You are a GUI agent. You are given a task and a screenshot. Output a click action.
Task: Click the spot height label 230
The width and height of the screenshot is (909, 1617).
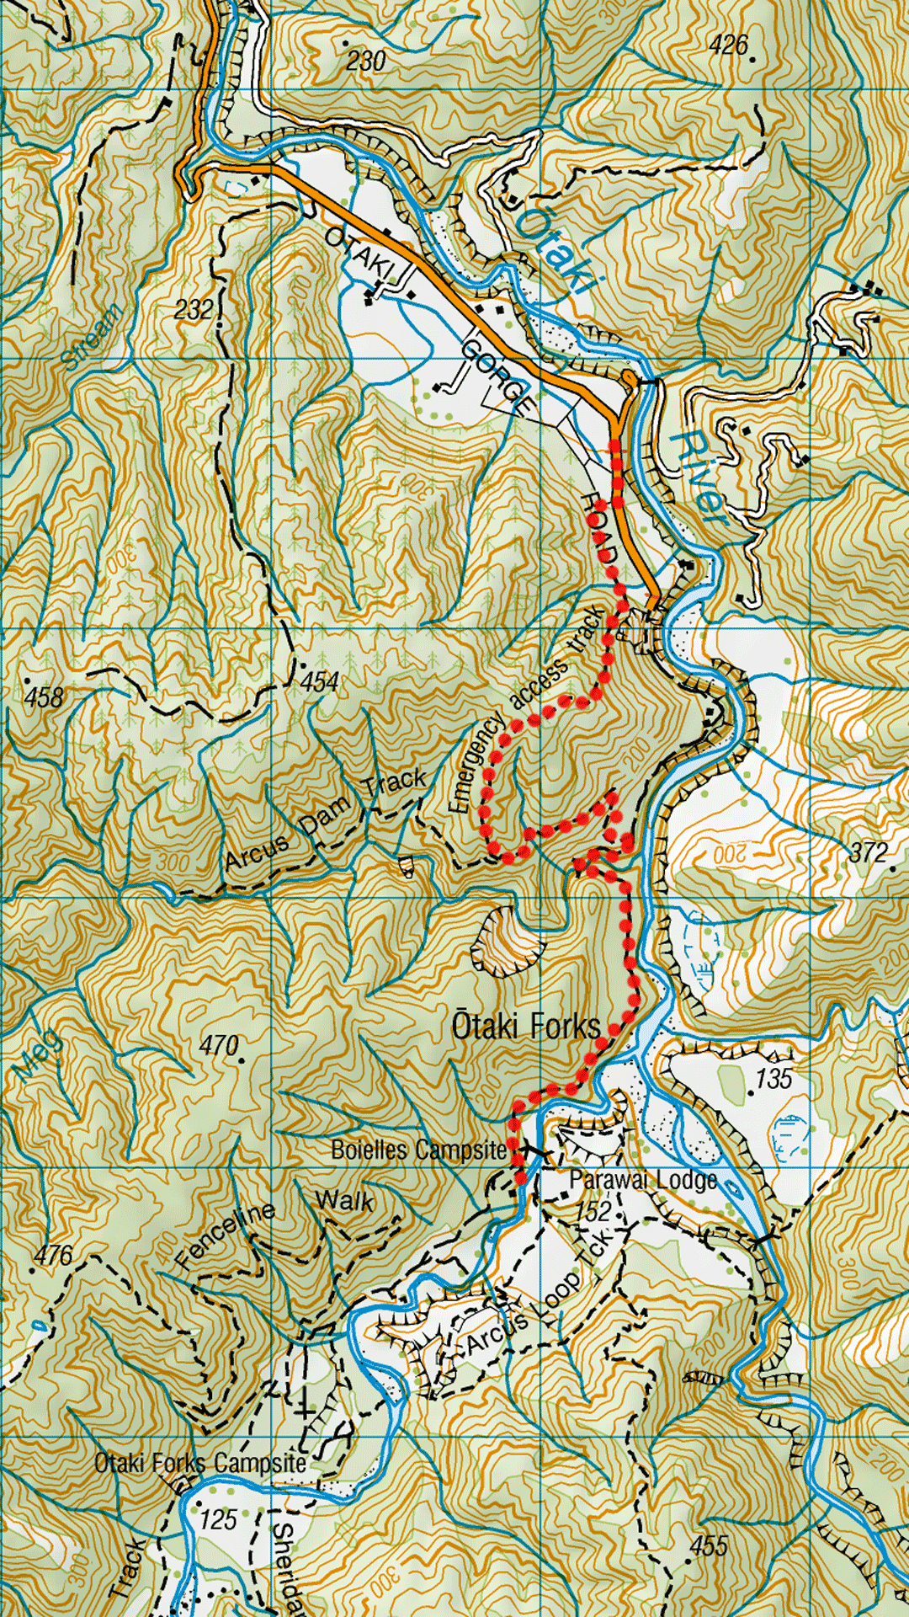[365, 61]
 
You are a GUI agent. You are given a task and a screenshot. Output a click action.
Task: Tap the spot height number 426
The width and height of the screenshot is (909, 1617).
[728, 45]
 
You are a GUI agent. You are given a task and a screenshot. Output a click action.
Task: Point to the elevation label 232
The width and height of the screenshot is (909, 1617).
[194, 309]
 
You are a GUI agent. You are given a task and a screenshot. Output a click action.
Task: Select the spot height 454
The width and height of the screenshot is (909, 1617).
[320, 681]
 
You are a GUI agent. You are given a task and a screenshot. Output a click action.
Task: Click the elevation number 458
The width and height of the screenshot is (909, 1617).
[44, 697]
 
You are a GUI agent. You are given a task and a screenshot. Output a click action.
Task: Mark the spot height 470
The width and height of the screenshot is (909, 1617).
[219, 1045]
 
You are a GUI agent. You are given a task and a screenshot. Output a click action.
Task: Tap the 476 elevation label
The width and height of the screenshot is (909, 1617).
[53, 1256]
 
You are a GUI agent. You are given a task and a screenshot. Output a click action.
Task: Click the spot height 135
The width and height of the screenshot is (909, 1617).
[773, 1078]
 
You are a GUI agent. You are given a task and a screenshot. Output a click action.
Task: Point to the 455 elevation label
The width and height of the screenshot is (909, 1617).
[708, 1545]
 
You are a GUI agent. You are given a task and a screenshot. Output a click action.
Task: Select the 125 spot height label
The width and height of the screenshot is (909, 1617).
[218, 1519]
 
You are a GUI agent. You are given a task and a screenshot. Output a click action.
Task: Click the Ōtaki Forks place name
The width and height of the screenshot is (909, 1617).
[527, 1026]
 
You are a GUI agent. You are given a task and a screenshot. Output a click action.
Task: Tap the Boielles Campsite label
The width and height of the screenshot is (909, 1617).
[418, 1150]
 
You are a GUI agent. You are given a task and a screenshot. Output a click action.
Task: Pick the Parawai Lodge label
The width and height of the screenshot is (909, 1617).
[643, 1180]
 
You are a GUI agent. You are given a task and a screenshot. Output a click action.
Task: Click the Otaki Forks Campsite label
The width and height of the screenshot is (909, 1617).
[200, 1463]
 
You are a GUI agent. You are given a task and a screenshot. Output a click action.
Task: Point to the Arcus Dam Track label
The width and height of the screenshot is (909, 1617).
[325, 820]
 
